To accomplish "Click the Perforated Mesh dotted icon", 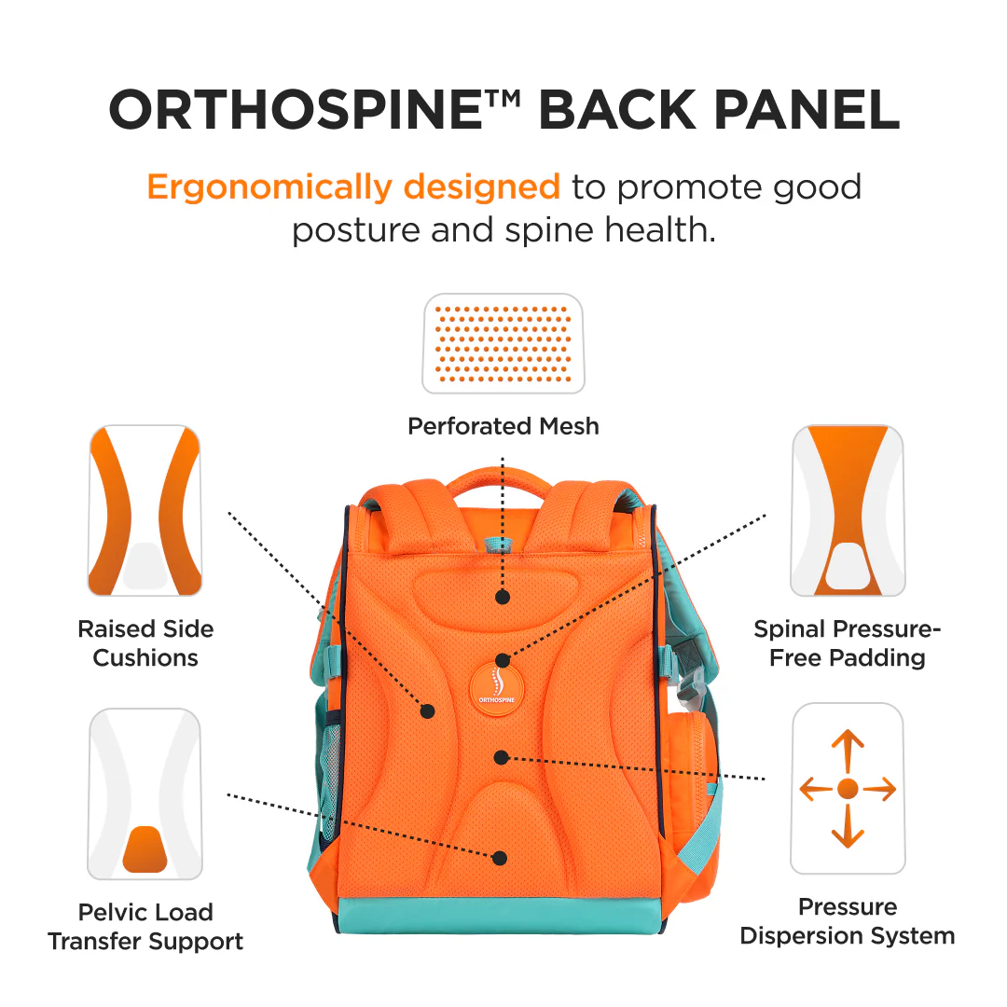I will [x=504, y=343].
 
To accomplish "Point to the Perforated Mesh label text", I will [x=504, y=426].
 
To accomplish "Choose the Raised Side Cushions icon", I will [x=145, y=511].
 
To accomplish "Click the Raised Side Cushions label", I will [x=145, y=643].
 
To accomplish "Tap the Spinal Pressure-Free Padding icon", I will [x=848, y=511].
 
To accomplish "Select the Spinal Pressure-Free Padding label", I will [x=848, y=643].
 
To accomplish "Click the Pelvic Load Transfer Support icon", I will [x=145, y=793].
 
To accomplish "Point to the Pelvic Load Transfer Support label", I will [x=145, y=927].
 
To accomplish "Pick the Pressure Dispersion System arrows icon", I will [x=848, y=789].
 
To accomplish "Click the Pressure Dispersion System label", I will [x=848, y=921].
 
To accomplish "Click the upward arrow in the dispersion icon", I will [x=848, y=752].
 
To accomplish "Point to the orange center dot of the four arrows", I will [x=848, y=789].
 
